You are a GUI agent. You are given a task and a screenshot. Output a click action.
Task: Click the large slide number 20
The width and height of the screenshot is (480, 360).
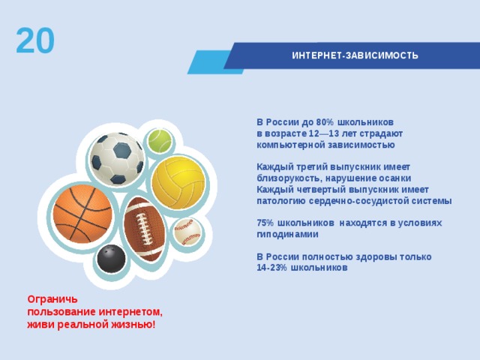(35, 40)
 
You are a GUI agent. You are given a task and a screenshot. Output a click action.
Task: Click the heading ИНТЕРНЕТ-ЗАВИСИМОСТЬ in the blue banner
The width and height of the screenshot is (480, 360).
(355, 55)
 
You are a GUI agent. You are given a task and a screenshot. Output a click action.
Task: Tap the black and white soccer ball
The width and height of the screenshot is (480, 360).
(117, 158)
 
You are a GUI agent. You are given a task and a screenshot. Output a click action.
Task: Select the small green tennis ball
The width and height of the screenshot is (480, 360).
(160, 141)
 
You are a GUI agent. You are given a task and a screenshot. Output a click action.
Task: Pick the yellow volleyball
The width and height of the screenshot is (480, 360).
(178, 183)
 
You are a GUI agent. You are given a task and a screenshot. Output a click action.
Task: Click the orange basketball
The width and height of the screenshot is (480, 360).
(82, 214)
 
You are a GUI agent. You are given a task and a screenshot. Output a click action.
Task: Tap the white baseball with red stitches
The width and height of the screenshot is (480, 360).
(187, 232)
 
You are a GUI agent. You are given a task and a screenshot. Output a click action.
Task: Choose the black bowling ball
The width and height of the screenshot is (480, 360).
(111, 258)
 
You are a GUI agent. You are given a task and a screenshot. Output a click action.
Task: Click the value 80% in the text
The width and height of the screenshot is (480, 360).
(325, 122)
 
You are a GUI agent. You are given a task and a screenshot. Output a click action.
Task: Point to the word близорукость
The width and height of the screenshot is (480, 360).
(289, 178)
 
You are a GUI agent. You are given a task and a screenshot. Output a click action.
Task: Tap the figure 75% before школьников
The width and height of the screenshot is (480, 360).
(265, 223)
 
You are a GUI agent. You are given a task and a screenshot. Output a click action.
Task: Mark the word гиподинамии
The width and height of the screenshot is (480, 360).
(287, 235)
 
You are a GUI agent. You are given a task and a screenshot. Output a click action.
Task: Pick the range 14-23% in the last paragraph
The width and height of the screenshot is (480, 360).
(271, 268)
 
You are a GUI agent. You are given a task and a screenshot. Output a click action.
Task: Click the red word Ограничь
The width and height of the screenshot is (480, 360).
(52, 299)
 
